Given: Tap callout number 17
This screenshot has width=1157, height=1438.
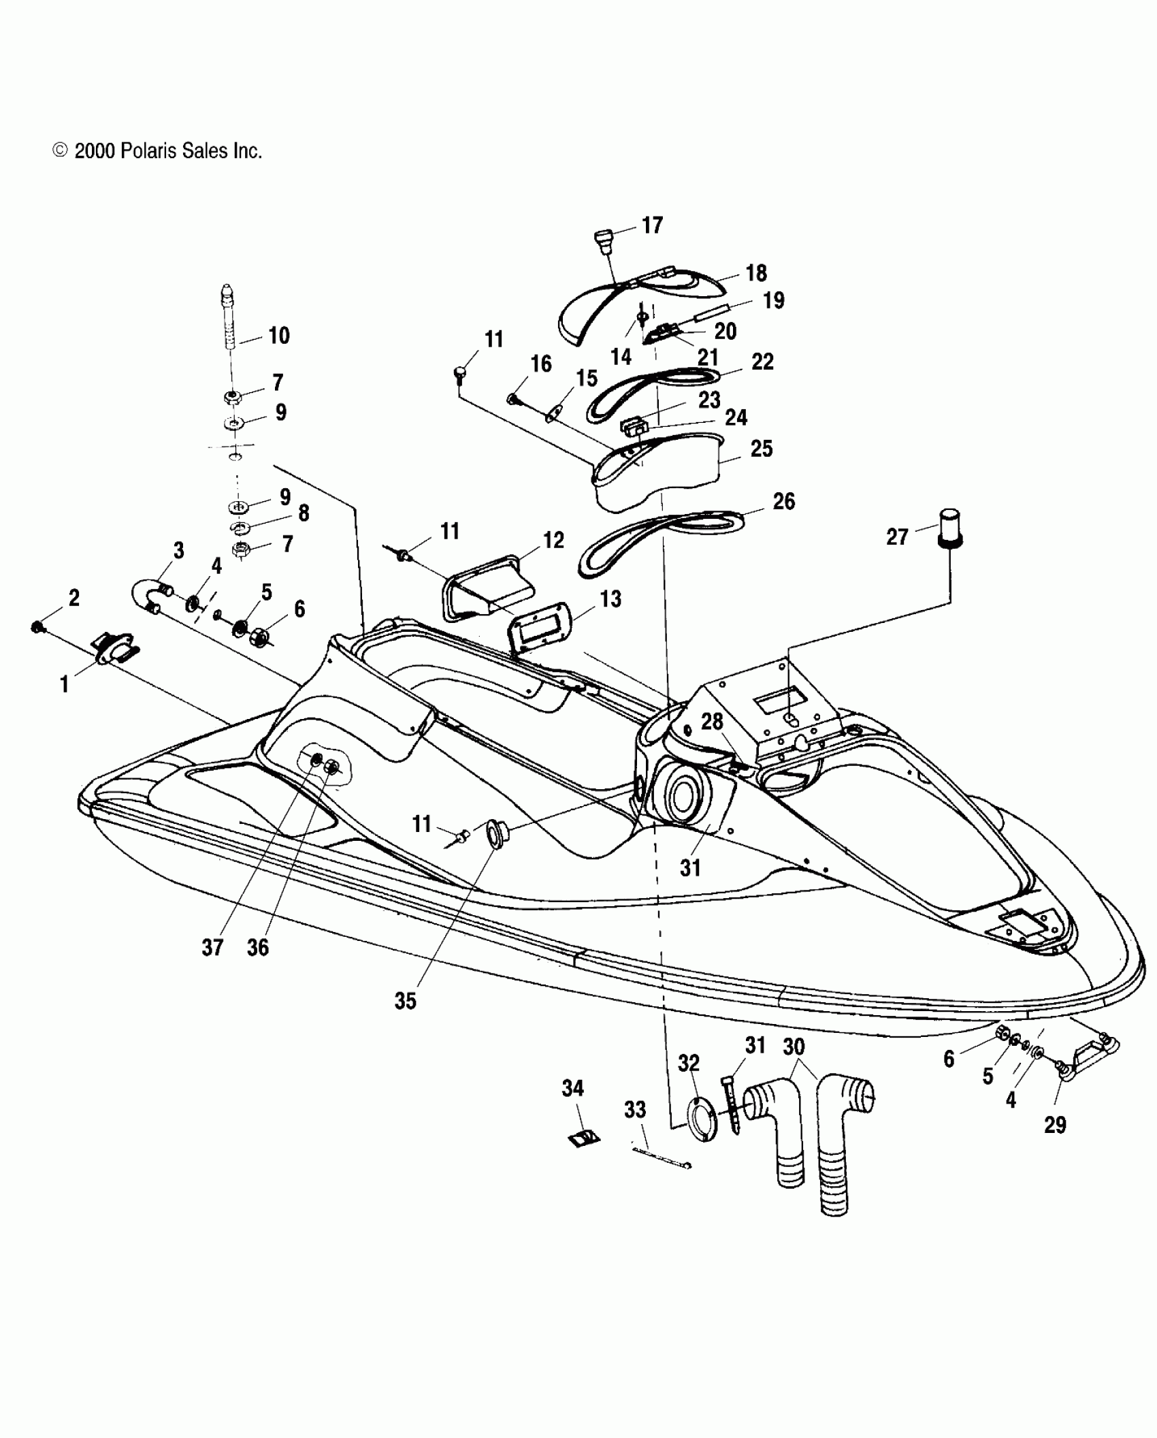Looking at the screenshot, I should click(x=651, y=225).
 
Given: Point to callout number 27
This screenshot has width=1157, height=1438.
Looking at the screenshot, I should click(x=897, y=537).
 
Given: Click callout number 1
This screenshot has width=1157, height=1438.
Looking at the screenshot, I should click(x=65, y=684).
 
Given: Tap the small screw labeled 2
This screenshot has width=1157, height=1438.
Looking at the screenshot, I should click(x=38, y=627).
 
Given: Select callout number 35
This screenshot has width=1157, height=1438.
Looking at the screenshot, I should click(x=405, y=1000).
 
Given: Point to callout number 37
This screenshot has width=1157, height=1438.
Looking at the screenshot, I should click(x=212, y=947).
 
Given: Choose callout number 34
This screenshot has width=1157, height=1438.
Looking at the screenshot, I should click(x=572, y=1088).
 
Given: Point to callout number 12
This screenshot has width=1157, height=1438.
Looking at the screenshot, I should click(x=553, y=540).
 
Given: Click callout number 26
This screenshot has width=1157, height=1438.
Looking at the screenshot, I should click(x=783, y=501).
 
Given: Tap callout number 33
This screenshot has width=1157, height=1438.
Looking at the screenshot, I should click(x=635, y=1110).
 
